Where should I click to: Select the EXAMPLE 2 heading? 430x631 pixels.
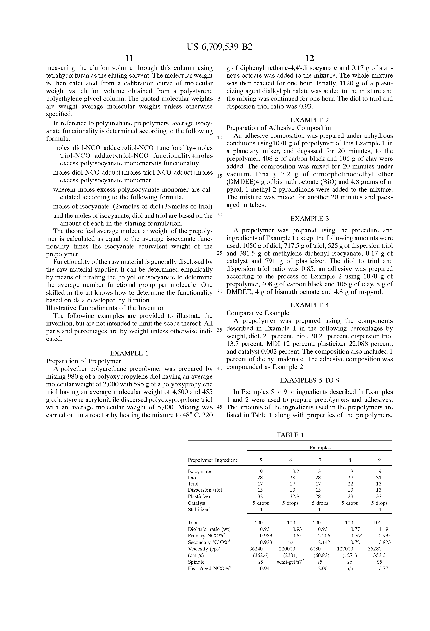click(x=310, y=120)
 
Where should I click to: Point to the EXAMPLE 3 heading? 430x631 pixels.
click(x=310, y=218)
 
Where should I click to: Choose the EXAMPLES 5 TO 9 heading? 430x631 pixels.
click(x=310, y=380)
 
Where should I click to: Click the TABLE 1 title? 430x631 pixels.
click(x=290, y=435)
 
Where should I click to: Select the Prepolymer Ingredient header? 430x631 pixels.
click(x=212, y=460)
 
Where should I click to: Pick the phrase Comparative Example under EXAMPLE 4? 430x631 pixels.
click(x=258, y=313)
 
